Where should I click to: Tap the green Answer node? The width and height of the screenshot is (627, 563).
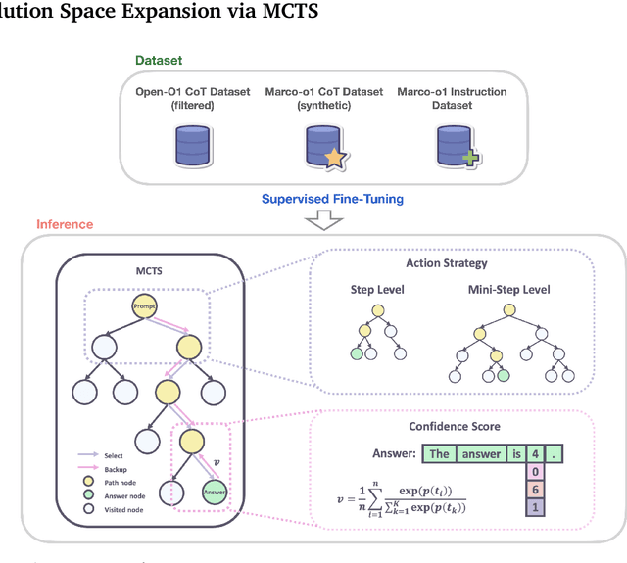click(216, 493)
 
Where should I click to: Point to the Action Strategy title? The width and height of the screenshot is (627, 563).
click(445, 262)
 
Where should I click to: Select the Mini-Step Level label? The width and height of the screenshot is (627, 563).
click(510, 290)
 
